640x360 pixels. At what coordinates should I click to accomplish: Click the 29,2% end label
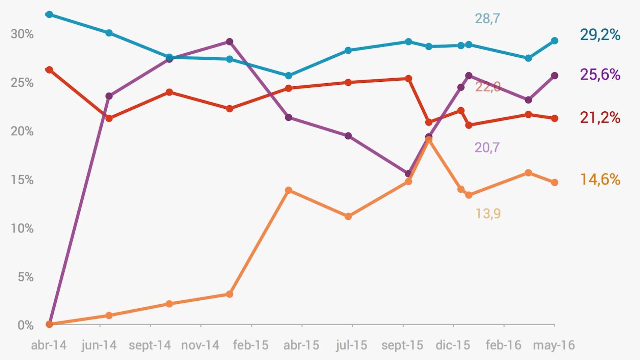click(600, 35)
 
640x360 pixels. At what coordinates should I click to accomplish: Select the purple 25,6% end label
click(600, 75)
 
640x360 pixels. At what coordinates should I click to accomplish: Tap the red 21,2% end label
click(600, 118)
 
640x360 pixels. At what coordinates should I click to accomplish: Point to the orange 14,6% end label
click(600, 180)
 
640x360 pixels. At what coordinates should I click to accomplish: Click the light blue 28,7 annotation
click(487, 18)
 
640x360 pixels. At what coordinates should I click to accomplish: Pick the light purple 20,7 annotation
click(487, 148)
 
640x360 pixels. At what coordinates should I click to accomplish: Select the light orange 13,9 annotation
click(488, 214)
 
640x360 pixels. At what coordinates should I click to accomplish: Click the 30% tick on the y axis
click(22, 34)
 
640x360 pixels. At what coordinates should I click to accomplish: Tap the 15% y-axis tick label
click(22, 180)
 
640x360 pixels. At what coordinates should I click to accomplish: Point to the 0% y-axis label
click(26, 325)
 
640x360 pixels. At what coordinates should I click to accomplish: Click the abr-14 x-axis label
click(49, 345)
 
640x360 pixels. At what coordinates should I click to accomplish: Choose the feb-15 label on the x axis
click(251, 345)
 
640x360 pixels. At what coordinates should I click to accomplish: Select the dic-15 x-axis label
click(453, 345)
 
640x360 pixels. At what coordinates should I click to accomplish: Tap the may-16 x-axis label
click(554, 345)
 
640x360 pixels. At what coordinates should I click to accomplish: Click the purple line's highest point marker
click(230, 42)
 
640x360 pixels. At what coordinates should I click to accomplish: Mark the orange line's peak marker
click(429, 140)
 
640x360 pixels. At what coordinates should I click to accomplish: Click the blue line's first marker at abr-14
click(49, 15)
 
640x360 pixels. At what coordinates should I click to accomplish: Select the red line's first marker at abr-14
click(49, 70)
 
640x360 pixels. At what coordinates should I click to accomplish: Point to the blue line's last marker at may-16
click(554, 41)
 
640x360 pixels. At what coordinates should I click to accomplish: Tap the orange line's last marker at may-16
click(554, 183)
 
